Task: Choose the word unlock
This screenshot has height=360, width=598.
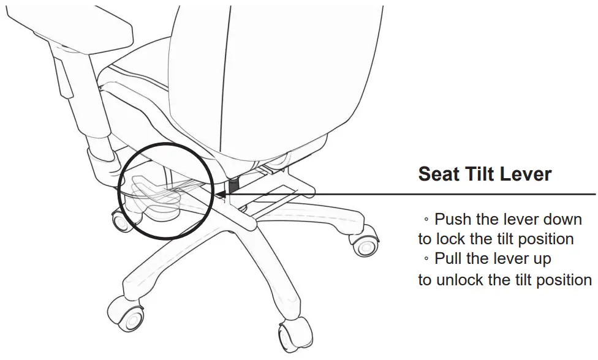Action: coord(457,280)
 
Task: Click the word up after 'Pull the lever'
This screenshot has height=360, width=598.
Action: coord(542,260)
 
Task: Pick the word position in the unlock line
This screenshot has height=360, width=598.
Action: coord(559,280)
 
